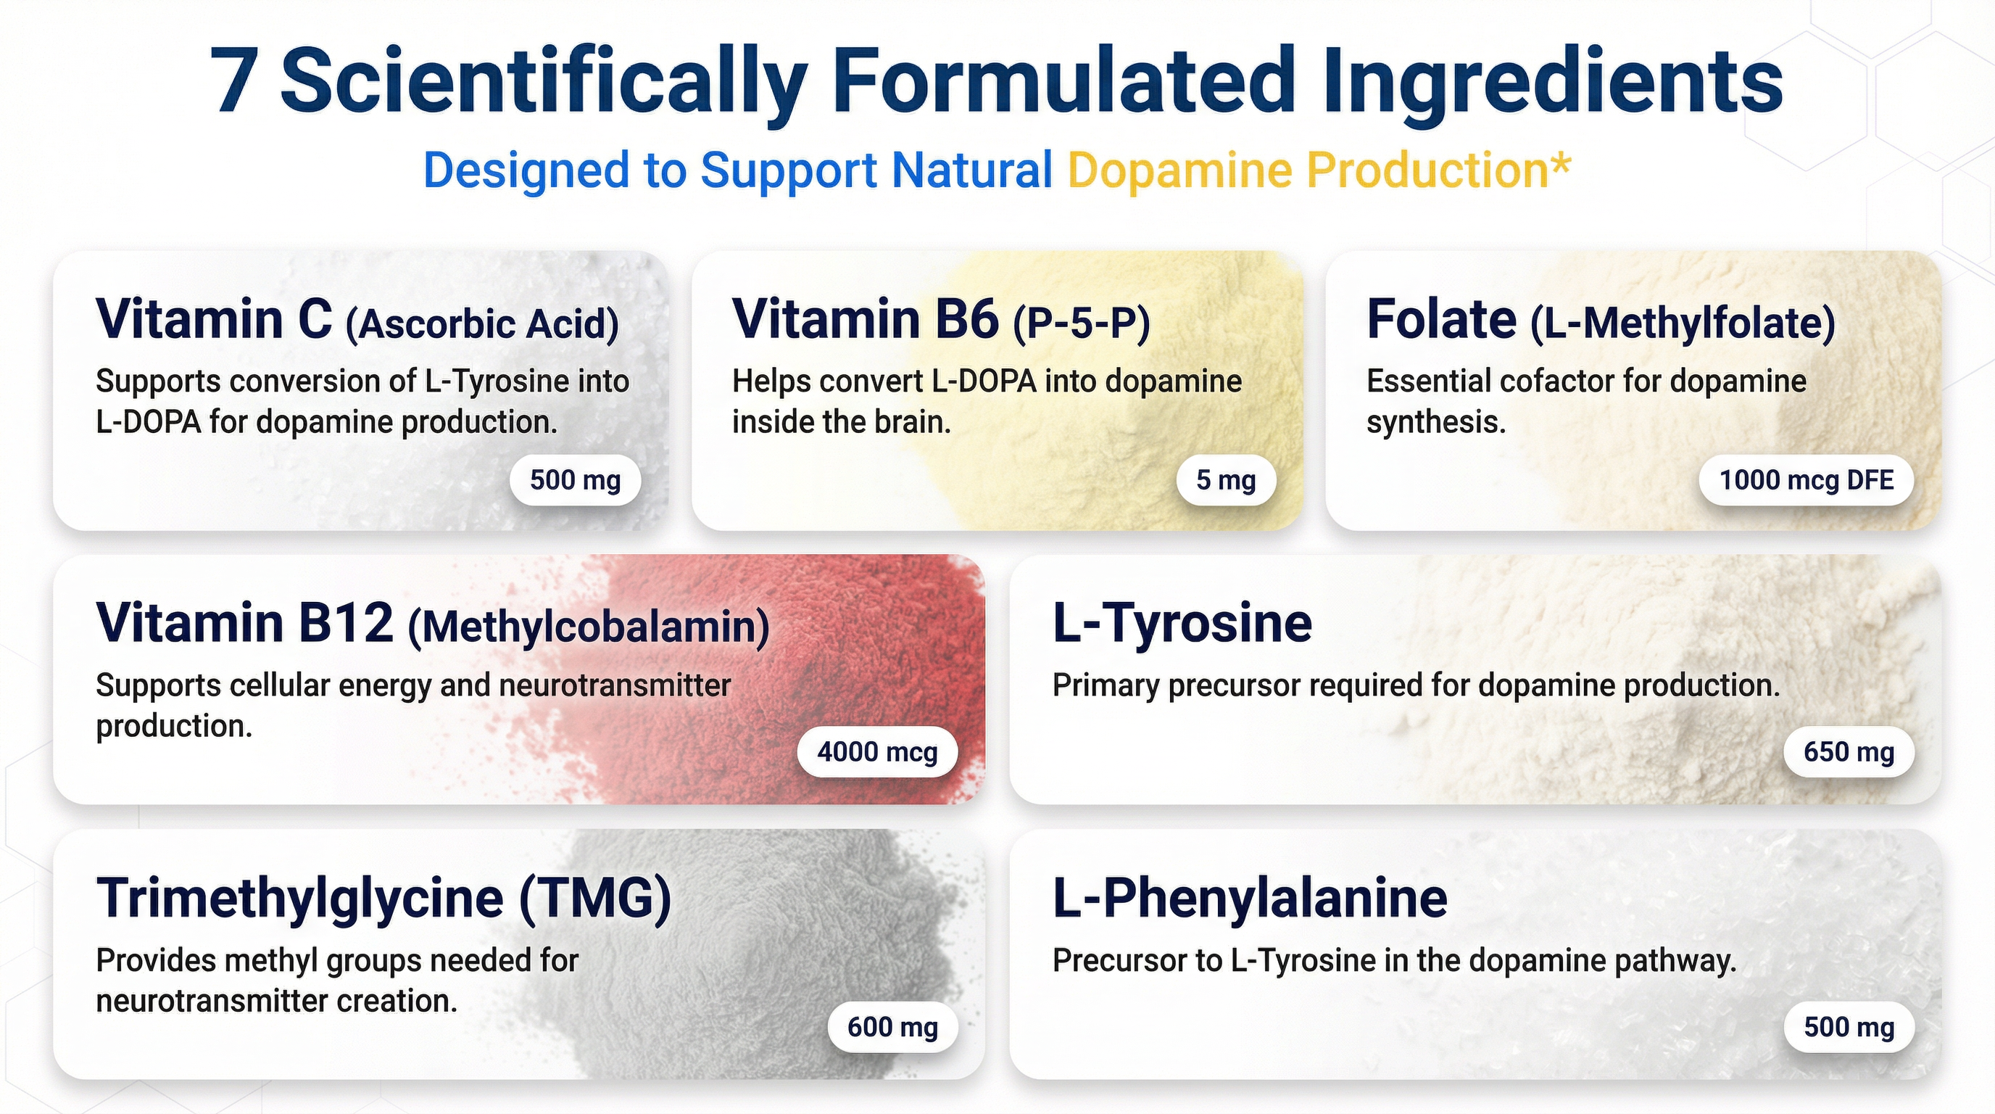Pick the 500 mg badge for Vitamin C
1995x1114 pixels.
(x=576, y=480)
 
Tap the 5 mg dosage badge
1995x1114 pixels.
(x=1226, y=480)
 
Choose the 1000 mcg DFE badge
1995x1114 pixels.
(x=1806, y=480)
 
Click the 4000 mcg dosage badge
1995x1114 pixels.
(x=877, y=751)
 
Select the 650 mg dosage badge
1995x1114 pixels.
(x=1849, y=751)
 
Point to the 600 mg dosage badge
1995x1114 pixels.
(x=892, y=1026)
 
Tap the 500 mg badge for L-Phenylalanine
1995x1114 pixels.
(x=1849, y=1026)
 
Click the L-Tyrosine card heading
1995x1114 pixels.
(x=1182, y=623)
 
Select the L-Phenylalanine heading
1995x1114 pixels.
(x=1250, y=899)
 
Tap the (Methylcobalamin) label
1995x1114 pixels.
(x=589, y=627)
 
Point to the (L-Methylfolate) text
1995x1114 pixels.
(x=1683, y=323)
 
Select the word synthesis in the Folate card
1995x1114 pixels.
(x=1436, y=423)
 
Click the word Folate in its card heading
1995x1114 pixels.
(x=1441, y=319)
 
